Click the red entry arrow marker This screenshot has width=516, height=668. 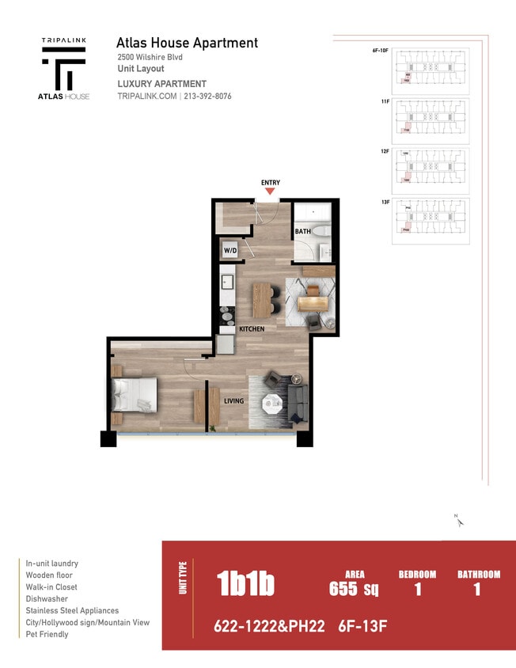(x=270, y=191)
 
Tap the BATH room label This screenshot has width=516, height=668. (x=302, y=232)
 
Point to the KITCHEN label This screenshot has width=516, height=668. (x=252, y=328)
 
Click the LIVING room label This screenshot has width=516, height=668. (x=233, y=400)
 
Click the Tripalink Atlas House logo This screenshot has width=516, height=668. (x=65, y=69)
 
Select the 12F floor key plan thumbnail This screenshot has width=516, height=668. (x=431, y=169)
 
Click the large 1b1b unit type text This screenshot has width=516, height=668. (x=245, y=584)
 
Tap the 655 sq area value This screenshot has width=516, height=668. (x=354, y=588)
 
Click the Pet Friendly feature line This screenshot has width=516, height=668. (x=47, y=634)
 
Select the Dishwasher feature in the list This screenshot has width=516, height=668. (x=47, y=598)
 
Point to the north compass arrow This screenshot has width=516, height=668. (x=458, y=520)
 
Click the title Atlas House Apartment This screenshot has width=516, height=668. (x=187, y=43)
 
